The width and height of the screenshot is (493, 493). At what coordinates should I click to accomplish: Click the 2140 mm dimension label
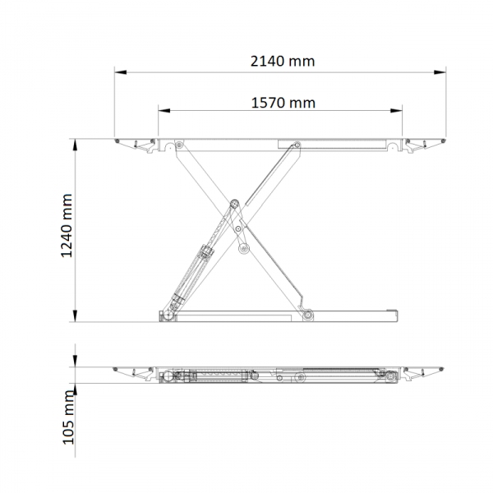click(x=283, y=62)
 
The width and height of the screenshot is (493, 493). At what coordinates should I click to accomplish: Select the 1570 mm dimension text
click(x=283, y=104)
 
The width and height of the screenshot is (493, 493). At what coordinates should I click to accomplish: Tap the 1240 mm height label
click(x=67, y=225)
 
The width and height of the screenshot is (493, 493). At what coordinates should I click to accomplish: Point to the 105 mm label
click(x=68, y=417)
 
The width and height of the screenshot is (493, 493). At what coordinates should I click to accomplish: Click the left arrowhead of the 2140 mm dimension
click(x=121, y=72)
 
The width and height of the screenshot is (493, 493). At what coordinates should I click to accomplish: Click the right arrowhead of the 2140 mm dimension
click(x=440, y=72)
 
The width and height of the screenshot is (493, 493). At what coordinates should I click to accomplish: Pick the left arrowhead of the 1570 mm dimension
click(x=164, y=111)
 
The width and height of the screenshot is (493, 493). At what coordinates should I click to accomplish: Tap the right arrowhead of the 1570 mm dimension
click(x=396, y=111)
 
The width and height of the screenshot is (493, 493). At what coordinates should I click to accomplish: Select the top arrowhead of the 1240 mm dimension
click(x=75, y=145)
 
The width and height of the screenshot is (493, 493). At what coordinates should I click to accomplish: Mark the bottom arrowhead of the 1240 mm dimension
click(x=75, y=316)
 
